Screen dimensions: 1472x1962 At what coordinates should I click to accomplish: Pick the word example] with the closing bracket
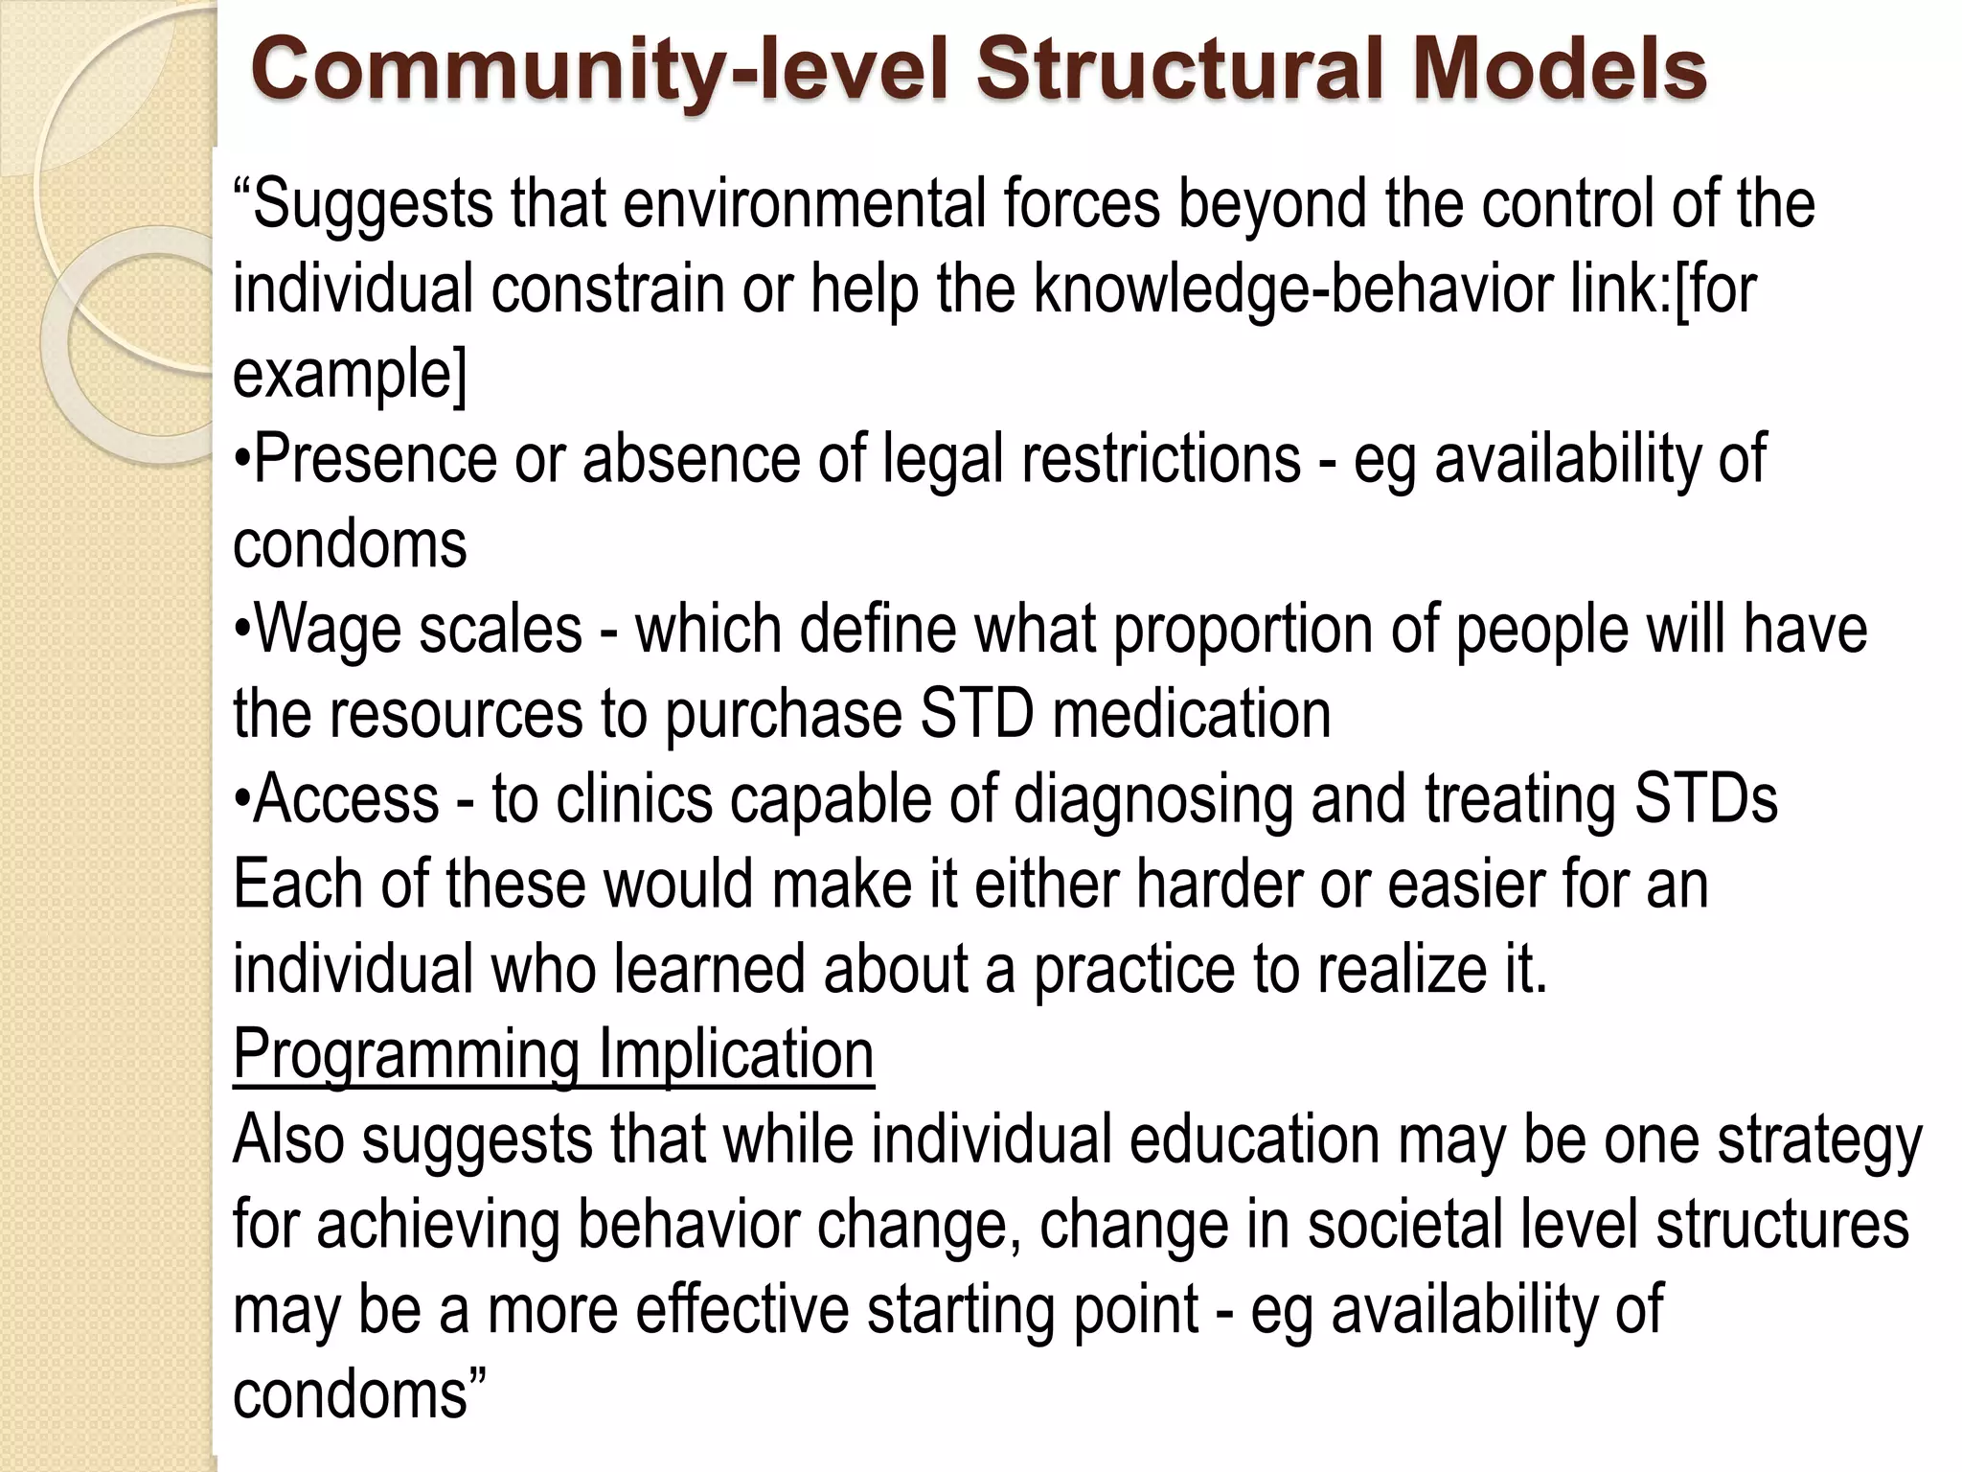[x=350, y=375]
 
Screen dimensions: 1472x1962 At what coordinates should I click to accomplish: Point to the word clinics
[x=634, y=798]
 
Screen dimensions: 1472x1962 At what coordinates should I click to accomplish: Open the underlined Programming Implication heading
[x=553, y=1054]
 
